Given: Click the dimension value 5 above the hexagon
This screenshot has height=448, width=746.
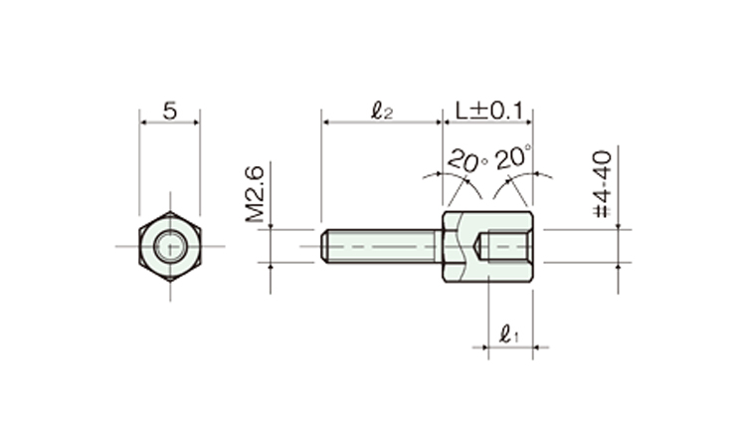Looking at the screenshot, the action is pos(170,111).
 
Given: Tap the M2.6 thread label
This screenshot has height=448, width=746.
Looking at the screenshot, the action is pos(255,194).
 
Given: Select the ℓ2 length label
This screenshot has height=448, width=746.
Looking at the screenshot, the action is pos(382,111).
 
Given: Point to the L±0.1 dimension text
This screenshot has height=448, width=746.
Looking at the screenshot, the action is pos(489,111).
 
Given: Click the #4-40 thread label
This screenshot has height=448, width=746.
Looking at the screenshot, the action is pos(603,184).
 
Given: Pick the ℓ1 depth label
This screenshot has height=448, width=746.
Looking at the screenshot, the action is pos(509,334).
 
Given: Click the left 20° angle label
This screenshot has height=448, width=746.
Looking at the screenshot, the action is pos(467,160).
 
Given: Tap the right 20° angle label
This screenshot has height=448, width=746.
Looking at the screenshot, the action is pos(513,157).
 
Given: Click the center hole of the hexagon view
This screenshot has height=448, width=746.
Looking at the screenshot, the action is pos(170,246).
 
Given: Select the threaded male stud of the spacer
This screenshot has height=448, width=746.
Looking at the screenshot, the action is pos(382,246).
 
